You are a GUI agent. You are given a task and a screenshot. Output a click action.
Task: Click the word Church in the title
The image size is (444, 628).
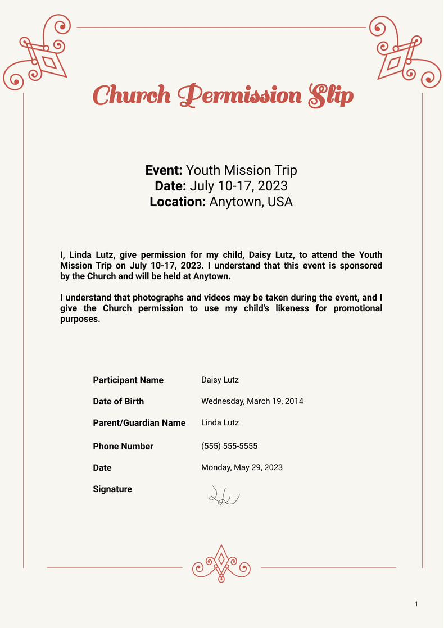click(131, 95)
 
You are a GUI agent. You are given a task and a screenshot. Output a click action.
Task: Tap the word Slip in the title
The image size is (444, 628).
click(331, 95)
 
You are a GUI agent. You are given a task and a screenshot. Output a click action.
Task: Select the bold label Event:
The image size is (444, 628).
click(164, 171)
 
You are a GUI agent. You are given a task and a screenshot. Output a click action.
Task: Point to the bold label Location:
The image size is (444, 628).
click(178, 202)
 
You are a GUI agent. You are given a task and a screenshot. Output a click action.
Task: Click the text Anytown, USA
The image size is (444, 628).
click(251, 202)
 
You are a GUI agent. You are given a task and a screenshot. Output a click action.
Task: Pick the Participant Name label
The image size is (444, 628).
click(128, 380)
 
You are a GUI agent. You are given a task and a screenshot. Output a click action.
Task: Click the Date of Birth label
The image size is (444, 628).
click(118, 402)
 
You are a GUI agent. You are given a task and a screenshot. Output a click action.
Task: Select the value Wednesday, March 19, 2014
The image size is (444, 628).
click(252, 401)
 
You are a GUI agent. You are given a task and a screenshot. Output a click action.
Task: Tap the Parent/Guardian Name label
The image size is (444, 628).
click(139, 423)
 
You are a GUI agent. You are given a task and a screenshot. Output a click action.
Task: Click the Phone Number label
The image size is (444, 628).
click(123, 447)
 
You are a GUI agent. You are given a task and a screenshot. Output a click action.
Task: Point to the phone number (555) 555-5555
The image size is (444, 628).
click(229, 447)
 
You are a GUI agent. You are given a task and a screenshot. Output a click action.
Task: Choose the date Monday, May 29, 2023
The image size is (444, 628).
click(242, 467)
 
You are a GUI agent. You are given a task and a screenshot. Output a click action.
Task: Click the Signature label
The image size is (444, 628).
click(112, 489)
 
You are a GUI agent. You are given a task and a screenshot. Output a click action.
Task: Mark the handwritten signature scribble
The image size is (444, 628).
click(224, 496)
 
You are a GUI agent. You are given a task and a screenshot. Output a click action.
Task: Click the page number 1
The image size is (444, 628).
click(416, 604)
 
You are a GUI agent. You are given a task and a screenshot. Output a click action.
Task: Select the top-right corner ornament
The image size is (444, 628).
click(403, 53)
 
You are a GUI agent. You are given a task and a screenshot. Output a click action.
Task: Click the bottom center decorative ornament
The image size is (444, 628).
click(221, 563)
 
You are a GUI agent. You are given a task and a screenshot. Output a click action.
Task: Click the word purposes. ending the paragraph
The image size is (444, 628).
click(80, 319)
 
